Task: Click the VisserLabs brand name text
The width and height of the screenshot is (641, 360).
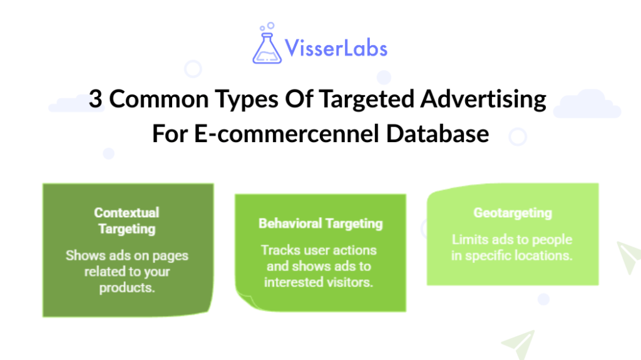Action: point(336,48)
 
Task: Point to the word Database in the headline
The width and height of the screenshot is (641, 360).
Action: point(438,133)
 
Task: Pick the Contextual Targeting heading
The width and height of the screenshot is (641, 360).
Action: point(127,220)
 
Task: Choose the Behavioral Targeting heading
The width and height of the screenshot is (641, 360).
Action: point(320,223)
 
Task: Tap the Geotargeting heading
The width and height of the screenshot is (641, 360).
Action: point(513,213)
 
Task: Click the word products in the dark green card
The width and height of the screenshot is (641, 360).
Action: point(127,288)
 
